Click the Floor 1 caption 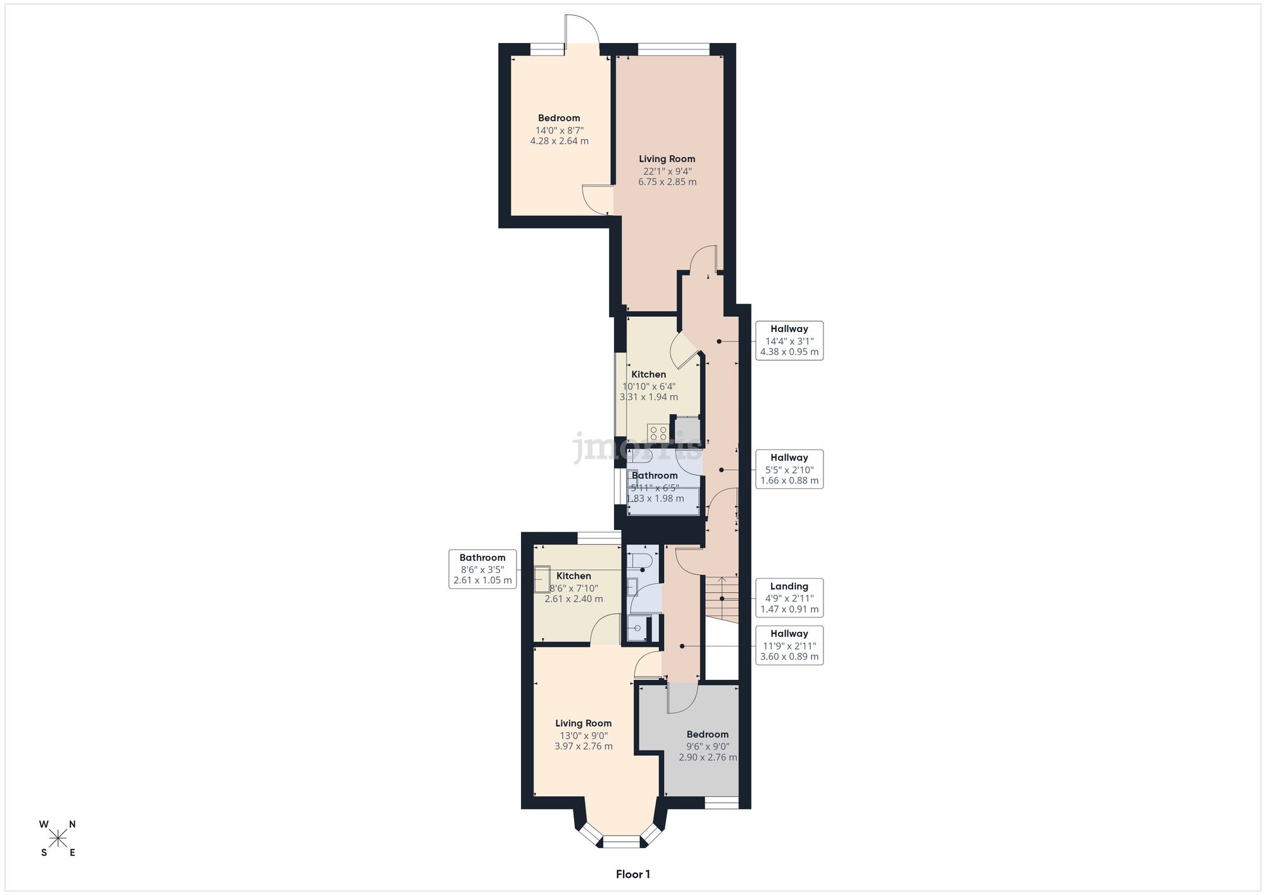pyautogui.click(x=632, y=874)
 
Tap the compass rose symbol pyautogui.click(x=58, y=839)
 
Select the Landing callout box pyautogui.click(x=789, y=598)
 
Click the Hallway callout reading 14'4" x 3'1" pyautogui.click(x=789, y=340)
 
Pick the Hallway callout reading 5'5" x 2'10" pyautogui.click(x=789, y=469)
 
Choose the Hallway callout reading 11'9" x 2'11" pyautogui.click(x=789, y=645)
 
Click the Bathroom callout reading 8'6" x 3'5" pyautogui.click(x=482, y=569)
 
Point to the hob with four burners pyautogui.click(x=658, y=433)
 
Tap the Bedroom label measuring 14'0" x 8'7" pyautogui.click(x=559, y=129)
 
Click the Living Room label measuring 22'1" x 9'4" pyautogui.click(x=667, y=170)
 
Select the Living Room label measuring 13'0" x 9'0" pyautogui.click(x=583, y=734)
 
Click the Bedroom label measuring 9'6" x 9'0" pyautogui.click(x=707, y=745)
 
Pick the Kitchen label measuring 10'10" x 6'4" pyautogui.click(x=649, y=386)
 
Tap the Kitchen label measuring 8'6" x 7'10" pyautogui.click(x=573, y=587)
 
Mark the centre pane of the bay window pyautogui.click(x=622, y=841)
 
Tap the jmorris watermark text pyautogui.click(x=637, y=447)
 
